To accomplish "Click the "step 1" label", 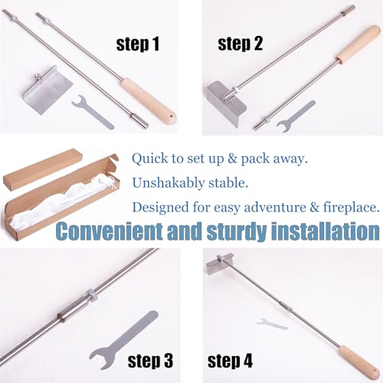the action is point(138,44).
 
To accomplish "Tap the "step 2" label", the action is point(240,44).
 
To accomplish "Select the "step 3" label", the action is point(150,361).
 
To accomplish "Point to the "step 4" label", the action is point(230,361).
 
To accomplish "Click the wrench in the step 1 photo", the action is point(92,112).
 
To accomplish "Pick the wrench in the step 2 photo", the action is point(296,116).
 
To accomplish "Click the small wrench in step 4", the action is point(272,324).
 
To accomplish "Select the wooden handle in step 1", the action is point(148,102).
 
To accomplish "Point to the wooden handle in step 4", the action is point(359,363).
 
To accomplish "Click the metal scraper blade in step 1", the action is point(48,90).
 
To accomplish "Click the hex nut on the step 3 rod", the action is point(91,295).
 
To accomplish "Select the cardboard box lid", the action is point(43,169).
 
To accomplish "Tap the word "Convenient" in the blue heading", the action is point(110,231).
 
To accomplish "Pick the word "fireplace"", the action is point(351,208).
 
